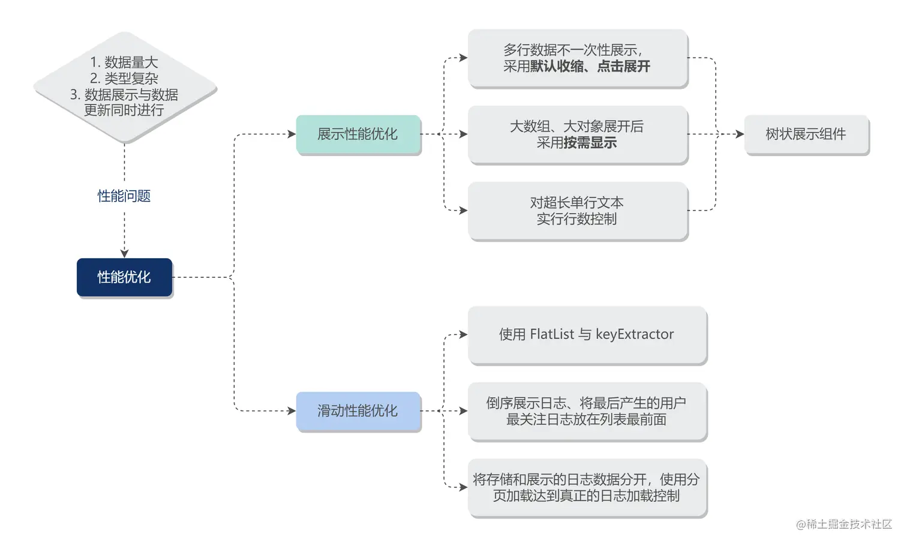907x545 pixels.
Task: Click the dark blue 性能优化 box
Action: [124, 277]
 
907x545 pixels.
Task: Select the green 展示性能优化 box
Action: [358, 134]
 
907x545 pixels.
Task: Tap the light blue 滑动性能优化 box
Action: [358, 411]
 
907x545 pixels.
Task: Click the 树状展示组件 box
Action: [806, 134]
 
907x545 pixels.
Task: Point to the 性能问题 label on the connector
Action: [124, 196]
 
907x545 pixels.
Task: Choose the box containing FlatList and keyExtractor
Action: [587, 334]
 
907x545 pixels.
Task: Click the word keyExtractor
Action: [635, 334]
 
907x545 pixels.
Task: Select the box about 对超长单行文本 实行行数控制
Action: [577, 211]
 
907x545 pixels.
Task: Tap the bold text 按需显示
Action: [590, 143]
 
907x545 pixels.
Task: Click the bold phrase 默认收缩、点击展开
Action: [590, 67]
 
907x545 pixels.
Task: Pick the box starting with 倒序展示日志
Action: [587, 411]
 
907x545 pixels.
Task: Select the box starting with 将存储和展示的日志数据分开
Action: [587, 487]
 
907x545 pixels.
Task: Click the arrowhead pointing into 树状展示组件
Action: [740, 134]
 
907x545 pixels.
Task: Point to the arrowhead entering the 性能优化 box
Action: [124, 253]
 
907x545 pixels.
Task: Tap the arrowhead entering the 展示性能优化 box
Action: [292, 134]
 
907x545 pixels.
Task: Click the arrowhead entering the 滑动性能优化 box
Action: [292, 411]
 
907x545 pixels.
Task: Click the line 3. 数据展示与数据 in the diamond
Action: [124, 95]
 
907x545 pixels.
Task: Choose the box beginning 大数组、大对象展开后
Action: [577, 134]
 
